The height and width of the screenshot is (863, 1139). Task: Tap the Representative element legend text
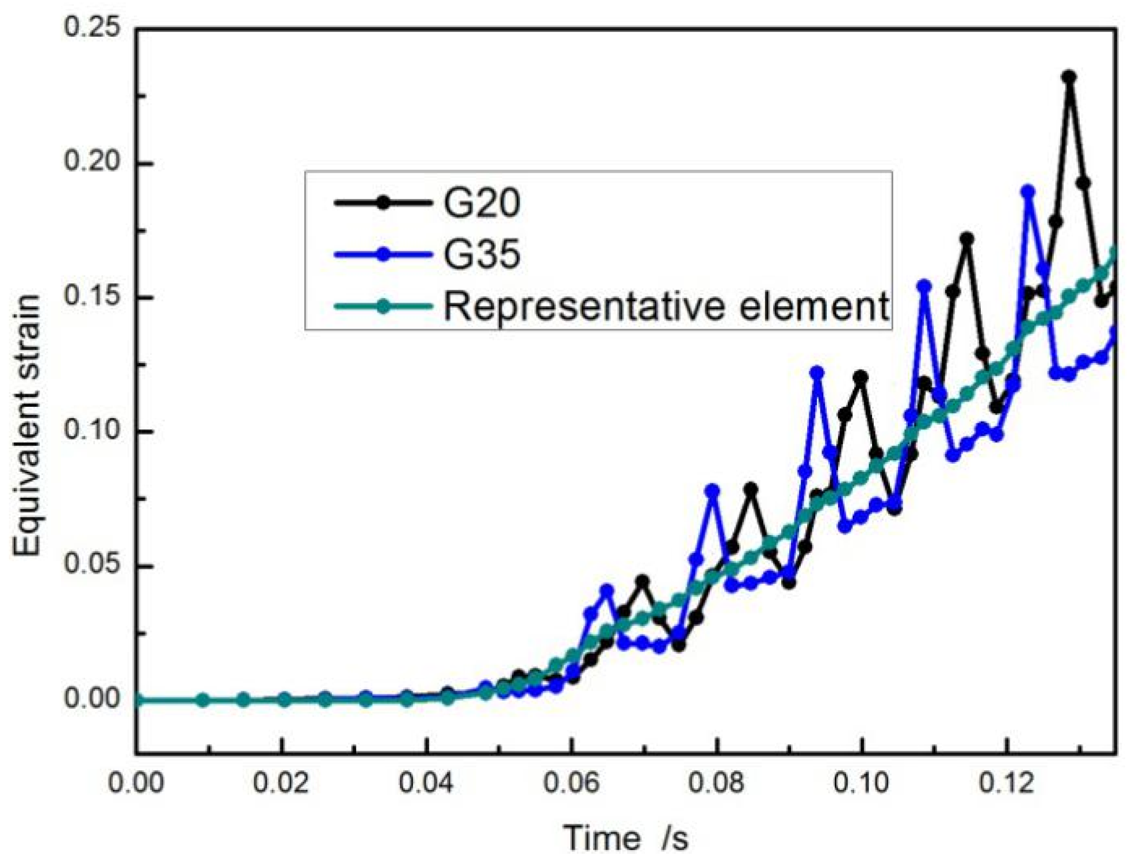[x=666, y=306]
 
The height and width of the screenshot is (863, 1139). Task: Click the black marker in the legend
[x=383, y=202]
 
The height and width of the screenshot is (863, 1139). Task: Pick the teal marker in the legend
[x=383, y=306]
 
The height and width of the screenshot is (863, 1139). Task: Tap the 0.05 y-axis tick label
[x=92, y=564]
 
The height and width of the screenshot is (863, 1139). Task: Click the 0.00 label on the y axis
[x=92, y=698]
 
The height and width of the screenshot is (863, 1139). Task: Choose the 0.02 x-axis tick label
[x=281, y=784]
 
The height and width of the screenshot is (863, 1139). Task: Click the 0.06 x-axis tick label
[x=571, y=784]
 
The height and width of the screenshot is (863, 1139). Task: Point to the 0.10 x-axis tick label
[x=861, y=784]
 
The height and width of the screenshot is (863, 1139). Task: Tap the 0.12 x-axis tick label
[x=1007, y=784]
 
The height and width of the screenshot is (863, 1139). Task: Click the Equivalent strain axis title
[x=27, y=426]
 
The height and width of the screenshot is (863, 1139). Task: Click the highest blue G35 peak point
[x=1028, y=192]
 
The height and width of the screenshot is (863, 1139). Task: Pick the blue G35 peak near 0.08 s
[x=713, y=491]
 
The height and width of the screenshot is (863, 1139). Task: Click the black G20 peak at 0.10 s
[x=861, y=377]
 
